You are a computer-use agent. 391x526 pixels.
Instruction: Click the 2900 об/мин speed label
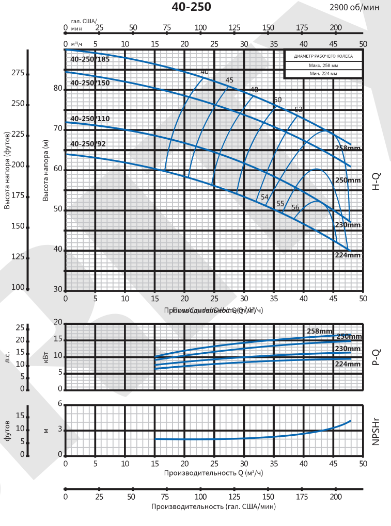[354, 7]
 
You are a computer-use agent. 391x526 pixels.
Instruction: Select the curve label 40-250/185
[90, 59]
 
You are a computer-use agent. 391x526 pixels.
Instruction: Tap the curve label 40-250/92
[88, 144]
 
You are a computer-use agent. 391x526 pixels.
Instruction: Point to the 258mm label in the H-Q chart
[348, 149]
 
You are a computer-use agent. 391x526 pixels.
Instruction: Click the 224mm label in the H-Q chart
[348, 255]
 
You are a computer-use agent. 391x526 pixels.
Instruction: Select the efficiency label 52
[299, 109]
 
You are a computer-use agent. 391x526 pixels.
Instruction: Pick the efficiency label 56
[295, 207]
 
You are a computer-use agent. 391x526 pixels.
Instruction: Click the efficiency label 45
[229, 80]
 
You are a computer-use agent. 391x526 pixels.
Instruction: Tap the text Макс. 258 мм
[323, 66]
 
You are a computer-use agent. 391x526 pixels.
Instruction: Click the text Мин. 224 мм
[323, 74]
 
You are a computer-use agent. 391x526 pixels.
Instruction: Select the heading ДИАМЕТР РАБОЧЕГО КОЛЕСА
[323, 57]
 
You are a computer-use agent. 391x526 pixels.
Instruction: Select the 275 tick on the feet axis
[18, 73]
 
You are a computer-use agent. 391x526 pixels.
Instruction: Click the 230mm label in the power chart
[348, 349]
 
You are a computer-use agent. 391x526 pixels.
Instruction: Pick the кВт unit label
[45, 356]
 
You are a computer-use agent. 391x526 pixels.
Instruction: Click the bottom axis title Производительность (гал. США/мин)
[214, 507]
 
